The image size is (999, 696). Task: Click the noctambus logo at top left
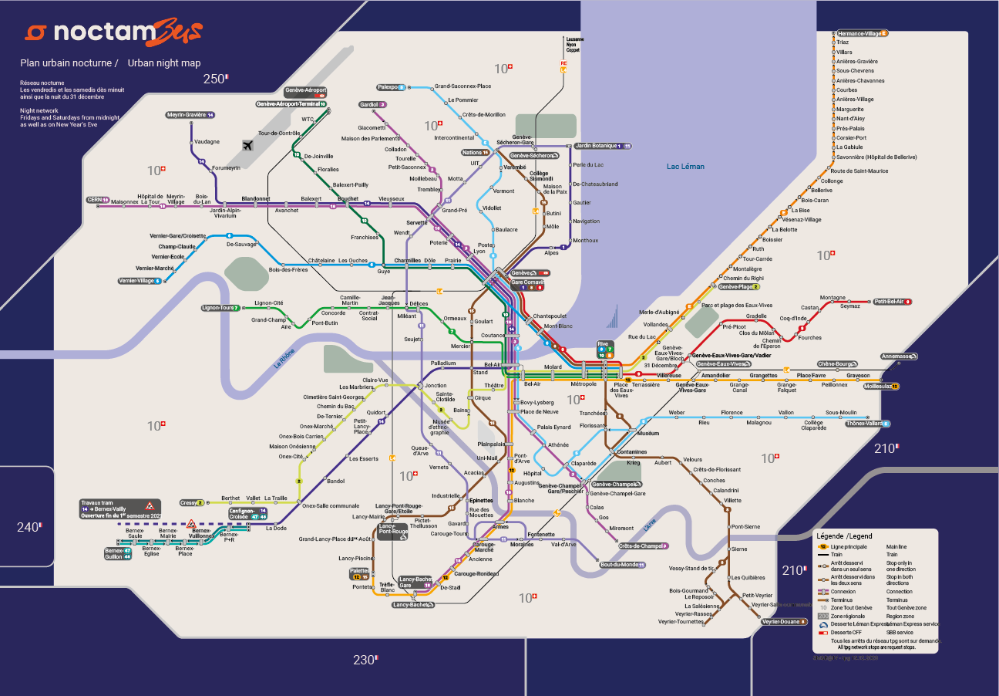tap(113, 32)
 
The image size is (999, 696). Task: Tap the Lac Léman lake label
tap(685, 167)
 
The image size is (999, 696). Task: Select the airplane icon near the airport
tap(247, 145)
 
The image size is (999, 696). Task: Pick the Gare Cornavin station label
tap(528, 282)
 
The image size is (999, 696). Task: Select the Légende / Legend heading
tap(844, 536)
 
